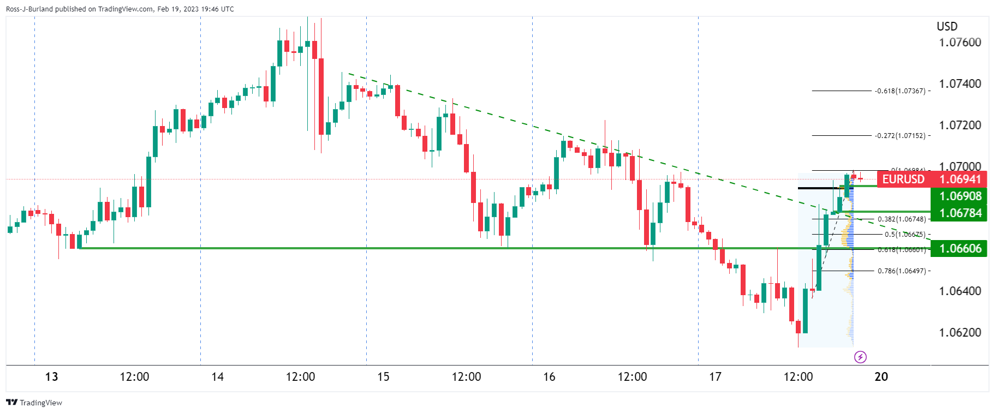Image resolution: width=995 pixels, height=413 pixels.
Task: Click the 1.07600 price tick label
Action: pos(960,43)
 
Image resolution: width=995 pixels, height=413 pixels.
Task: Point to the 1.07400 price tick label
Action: pos(960,84)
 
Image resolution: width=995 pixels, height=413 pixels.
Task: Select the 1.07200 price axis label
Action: pos(960,125)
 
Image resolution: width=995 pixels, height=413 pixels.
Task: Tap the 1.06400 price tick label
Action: pos(960,291)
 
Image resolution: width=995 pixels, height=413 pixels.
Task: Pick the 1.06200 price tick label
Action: pos(960,333)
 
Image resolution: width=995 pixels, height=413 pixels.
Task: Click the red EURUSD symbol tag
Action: pos(903,179)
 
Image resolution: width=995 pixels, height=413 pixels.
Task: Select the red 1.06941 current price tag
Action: pos(960,179)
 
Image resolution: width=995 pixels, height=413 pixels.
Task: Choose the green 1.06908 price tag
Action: pos(960,196)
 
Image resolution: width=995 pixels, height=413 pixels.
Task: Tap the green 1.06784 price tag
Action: pos(960,213)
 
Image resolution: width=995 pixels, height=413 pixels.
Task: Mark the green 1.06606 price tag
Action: pos(960,249)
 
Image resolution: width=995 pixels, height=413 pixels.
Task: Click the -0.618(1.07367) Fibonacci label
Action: pos(900,91)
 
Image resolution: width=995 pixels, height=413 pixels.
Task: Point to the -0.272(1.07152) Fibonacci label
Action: pos(900,136)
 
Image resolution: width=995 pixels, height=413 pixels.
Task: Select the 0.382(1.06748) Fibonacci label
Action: pos(902,219)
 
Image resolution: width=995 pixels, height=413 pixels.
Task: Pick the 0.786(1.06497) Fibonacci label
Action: pos(902,271)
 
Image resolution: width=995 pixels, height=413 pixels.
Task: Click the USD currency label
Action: pos(947,26)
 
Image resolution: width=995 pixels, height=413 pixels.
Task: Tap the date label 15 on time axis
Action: pos(383,377)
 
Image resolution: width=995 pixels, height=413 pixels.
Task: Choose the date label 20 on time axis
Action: pos(881,377)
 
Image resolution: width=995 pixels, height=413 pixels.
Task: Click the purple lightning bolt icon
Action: pos(860,357)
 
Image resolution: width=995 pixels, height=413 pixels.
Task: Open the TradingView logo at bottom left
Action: pos(34,403)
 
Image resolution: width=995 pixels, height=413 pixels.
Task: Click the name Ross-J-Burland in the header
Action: pos(31,9)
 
